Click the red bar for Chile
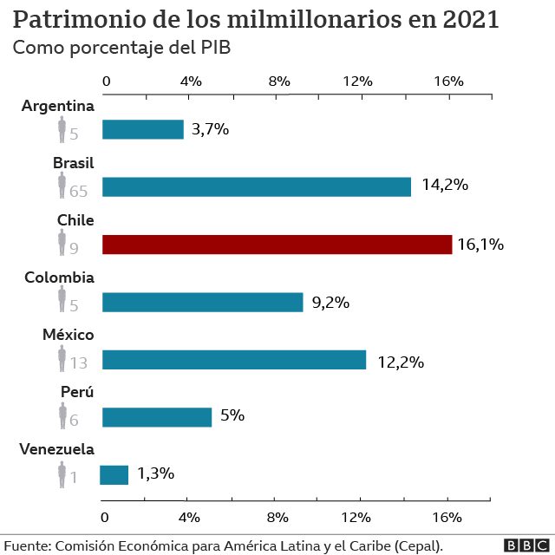tap(277, 245)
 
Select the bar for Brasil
tap(257, 187)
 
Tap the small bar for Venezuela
tap(114, 475)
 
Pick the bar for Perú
tap(157, 417)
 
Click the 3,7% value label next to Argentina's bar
tap(210, 129)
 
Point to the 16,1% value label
tap(480, 245)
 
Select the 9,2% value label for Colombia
tap(330, 303)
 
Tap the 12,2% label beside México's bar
tap(401, 362)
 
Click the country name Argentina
tap(58, 106)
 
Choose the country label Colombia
tap(60, 277)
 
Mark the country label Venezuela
tap(56, 449)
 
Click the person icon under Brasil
tap(62, 185)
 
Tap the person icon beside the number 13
tap(62, 358)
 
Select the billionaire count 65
tap(78, 192)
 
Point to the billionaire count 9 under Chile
tap(74, 249)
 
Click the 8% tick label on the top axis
tap(279, 82)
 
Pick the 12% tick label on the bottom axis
tap(356, 518)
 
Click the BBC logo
tap(526, 545)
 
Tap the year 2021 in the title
tap(470, 19)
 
